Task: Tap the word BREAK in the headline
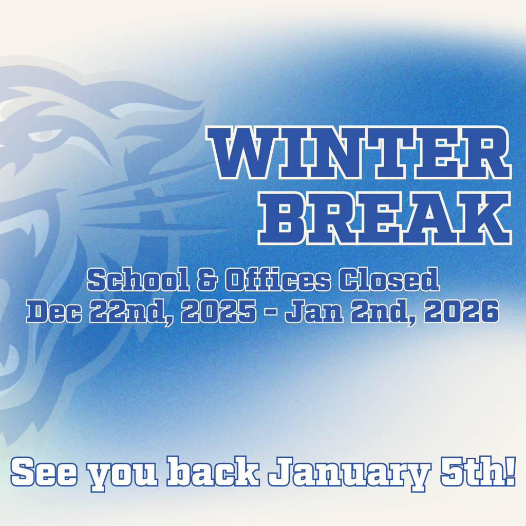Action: click(x=384, y=218)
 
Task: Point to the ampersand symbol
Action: click(x=209, y=281)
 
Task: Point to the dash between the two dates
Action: click(x=270, y=312)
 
